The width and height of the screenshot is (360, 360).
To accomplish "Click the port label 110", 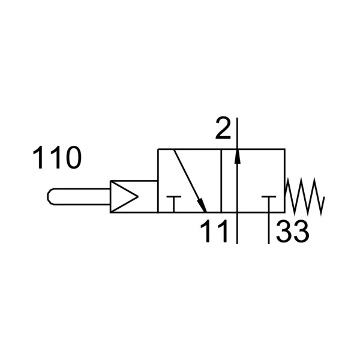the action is pyautogui.click(x=57, y=158).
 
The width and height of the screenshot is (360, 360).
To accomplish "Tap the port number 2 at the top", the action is pyautogui.click(x=223, y=128).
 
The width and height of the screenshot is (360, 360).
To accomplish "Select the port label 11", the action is pyautogui.click(x=214, y=231).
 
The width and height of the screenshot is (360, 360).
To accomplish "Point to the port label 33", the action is pyautogui.click(x=293, y=231).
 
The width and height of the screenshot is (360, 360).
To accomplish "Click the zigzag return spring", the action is pyautogui.click(x=304, y=197).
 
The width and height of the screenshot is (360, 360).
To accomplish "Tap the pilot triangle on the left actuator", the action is pyautogui.click(x=124, y=196).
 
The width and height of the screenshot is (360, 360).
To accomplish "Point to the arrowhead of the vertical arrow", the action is pyautogui.click(x=238, y=156).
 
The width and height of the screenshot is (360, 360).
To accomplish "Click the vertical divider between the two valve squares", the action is pyautogui.click(x=221, y=181).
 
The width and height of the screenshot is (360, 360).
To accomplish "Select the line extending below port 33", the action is pyautogui.click(x=269, y=228).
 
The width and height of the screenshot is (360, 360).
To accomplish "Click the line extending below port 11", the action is pyautogui.click(x=237, y=228).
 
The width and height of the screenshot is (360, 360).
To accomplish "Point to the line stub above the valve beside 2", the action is pyautogui.click(x=237, y=133).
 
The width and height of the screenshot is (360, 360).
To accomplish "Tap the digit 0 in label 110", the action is pyautogui.click(x=73, y=158).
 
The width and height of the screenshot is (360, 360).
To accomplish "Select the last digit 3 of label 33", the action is pyautogui.click(x=301, y=231).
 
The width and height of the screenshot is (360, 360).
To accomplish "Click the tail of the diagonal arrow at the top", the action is pyautogui.click(x=174, y=149).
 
